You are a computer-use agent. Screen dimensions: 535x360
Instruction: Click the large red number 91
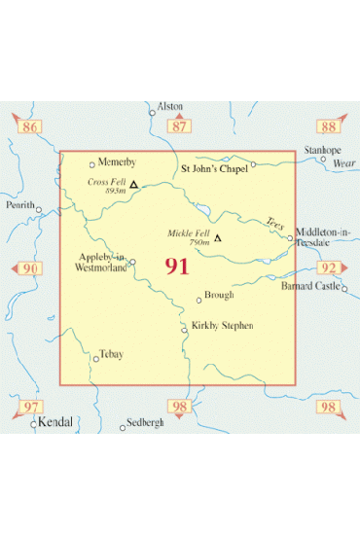point(177,267)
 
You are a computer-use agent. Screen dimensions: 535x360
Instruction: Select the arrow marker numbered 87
point(178,126)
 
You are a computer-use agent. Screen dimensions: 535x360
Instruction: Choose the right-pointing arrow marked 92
point(330,268)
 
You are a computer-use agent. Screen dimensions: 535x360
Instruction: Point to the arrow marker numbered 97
point(32,407)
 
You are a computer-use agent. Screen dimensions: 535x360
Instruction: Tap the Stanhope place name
point(322,151)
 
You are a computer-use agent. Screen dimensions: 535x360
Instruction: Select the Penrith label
point(20,206)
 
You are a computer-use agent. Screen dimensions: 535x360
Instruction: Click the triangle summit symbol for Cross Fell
point(133,184)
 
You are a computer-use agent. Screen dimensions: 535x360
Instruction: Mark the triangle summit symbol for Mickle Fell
point(218,237)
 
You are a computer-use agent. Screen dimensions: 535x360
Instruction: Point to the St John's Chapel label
point(216,167)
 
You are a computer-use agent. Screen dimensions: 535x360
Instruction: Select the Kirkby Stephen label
point(222,325)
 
